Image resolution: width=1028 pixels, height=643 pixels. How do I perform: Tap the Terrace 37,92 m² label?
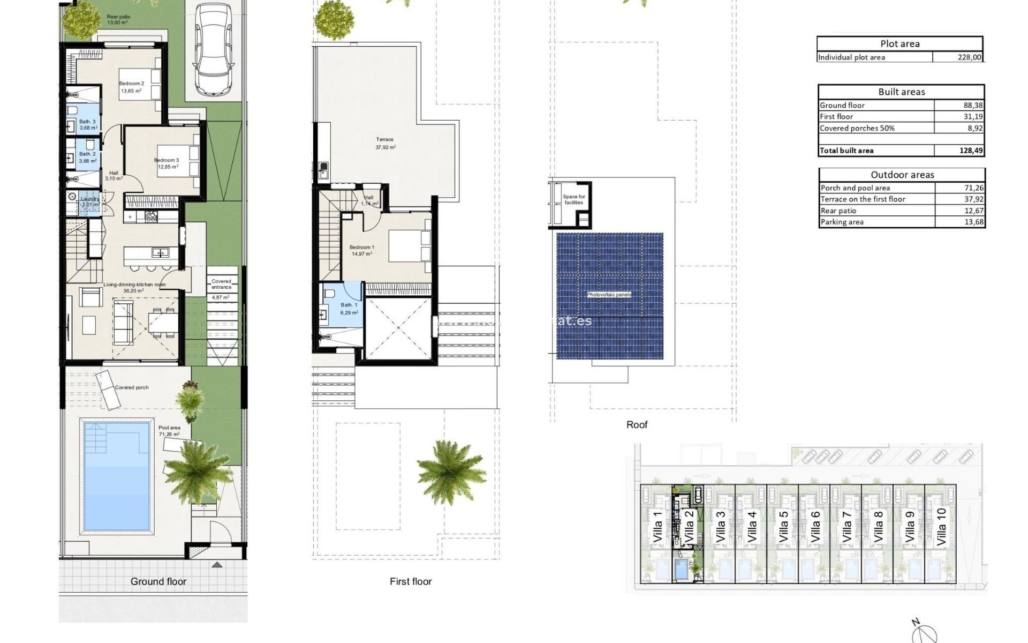[x=385, y=143]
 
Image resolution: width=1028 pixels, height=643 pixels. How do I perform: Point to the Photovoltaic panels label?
[x=609, y=295]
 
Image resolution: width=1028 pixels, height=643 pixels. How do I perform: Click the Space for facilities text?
[x=574, y=199]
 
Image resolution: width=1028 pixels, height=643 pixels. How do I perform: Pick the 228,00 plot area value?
[x=970, y=57]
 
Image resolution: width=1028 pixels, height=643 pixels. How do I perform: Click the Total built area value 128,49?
[x=971, y=151]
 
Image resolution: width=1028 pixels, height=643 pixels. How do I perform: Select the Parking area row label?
[x=842, y=222]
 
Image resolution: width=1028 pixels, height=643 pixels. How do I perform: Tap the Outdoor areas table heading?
[x=902, y=175]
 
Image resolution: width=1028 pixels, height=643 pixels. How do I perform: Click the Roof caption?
[x=637, y=424]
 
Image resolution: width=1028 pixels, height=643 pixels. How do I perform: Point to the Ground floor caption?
[x=158, y=581]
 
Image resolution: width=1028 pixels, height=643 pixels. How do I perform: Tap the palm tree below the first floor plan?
[x=450, y=472]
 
